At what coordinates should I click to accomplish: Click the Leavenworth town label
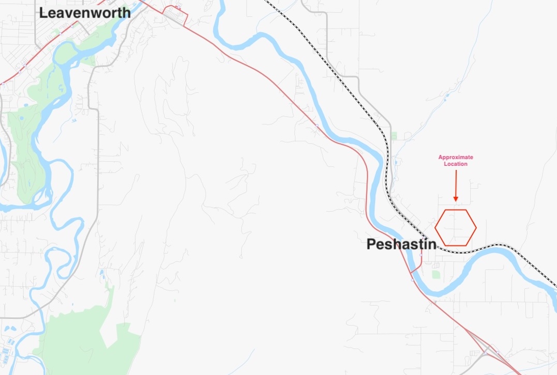pos(85,13)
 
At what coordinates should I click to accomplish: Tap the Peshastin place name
pos(401,244)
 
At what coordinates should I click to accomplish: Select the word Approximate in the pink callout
pos(456,157)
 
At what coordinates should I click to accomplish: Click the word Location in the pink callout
pos(456,164)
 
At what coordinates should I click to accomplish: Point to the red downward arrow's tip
pos(456,200)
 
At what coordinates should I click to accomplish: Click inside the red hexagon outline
pos(456,228)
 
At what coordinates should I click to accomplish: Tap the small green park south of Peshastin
pos(436,274)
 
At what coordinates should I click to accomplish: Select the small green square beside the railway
pos(395,136)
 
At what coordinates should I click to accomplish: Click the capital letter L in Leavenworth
pos(43,13)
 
